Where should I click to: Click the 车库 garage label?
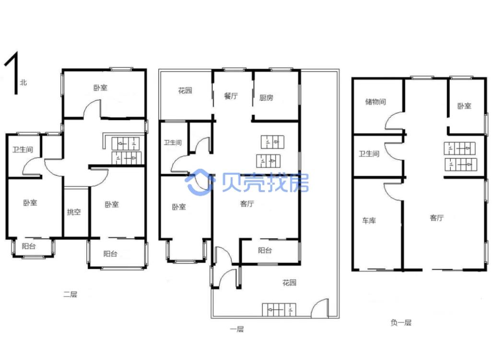[x=369, y=220]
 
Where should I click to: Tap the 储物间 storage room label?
[x=375, y=102]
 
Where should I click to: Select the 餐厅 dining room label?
[x=231, y=96]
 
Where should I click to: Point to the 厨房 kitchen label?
[x=266, y=98]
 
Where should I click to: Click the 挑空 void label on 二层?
[x=74, y=212]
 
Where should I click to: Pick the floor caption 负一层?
[x=401, y=323]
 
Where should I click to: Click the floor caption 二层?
[x=70, y=294]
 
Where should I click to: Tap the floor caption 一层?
[x=236, y=329]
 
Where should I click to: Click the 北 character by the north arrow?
[x=23, y=83]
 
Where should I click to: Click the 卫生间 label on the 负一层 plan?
[x=369, y=154]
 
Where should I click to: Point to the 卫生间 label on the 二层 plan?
[x=23, y=150]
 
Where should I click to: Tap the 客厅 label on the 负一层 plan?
[x=437, y=218]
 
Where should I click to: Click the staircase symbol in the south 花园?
[x=279, y=310]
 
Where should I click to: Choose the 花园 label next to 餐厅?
[x=185, y=90]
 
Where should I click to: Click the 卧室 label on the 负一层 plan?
[x=464, y=106]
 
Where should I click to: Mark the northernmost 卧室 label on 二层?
[x=100, y=88]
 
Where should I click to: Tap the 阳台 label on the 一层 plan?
[x=265, y=250]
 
